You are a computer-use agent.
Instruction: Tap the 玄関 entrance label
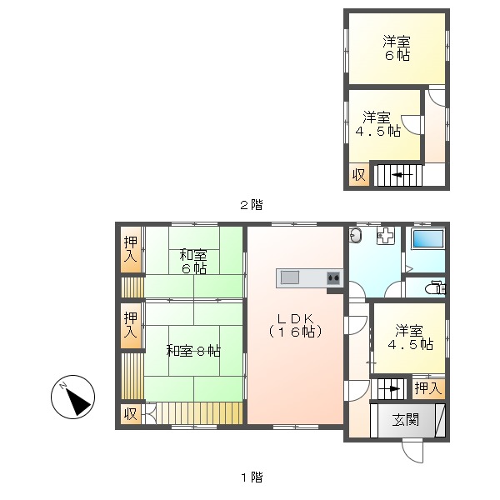[406, 419]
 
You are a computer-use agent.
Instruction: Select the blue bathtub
[427, 239]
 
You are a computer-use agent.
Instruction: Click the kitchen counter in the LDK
[309, 277]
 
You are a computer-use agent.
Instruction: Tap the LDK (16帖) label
[295, 324]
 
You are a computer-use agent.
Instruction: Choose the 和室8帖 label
[193, 351]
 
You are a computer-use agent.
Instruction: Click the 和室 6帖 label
[193, 262]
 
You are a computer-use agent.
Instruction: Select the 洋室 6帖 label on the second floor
[397, 48]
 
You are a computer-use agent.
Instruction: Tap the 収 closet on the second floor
[358, 175]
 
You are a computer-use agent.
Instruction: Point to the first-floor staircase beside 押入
[389, 387]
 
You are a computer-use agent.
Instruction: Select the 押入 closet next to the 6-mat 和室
[130, 250]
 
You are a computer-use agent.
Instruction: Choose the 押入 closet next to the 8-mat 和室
[130, 325]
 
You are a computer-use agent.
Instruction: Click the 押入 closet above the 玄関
[427, 387]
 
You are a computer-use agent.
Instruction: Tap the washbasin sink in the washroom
[356, 236]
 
